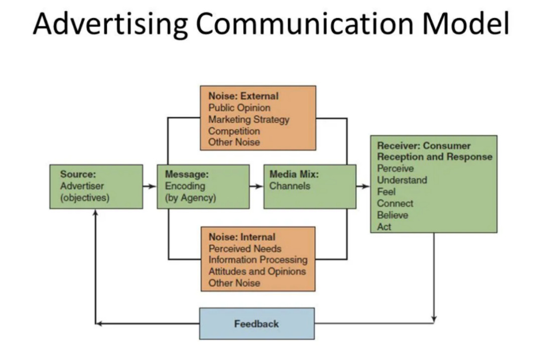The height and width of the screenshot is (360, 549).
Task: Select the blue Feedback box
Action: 256,324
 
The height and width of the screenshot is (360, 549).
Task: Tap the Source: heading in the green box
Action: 78,174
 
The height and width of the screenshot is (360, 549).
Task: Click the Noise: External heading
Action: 243,96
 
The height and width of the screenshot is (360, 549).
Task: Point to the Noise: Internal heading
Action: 242,237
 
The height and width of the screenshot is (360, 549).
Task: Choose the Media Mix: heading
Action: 294,174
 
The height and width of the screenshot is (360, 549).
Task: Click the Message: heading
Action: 186,174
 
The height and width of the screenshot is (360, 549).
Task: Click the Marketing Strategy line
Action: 249,119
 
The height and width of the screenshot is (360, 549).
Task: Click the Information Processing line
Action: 258,260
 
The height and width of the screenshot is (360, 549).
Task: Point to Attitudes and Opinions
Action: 257,272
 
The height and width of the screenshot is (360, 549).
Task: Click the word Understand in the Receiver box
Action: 402,180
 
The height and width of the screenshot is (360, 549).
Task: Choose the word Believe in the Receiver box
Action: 392,215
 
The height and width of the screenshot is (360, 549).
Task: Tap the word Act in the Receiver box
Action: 384,226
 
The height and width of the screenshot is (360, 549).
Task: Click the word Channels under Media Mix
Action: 290,186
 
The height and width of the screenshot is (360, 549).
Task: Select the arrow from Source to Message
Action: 149,186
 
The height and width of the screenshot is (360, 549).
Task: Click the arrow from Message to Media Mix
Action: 256,186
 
